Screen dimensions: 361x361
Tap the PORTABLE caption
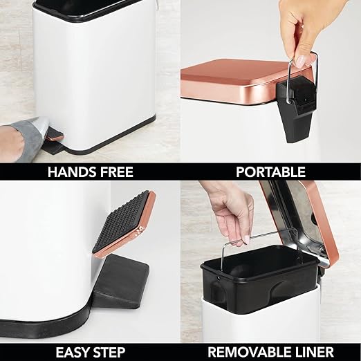[x=270, y=172]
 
